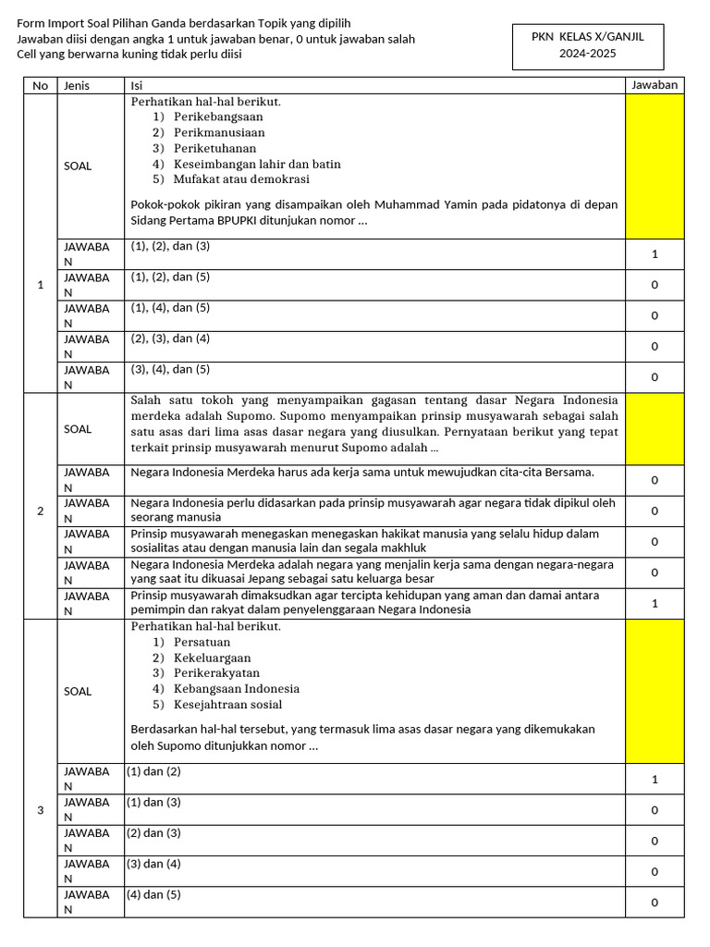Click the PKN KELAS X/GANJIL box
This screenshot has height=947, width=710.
[x=587, y=45]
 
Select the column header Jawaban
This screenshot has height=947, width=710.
[x=655, y=85]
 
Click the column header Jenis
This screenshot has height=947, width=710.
[x=76, y=85]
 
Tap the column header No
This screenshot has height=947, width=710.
[x=40, y=85]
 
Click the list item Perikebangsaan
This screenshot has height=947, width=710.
[x=218, y=117]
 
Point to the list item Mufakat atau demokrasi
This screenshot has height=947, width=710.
[x=241, y=179]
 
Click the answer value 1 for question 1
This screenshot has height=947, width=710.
[x=655, y=254]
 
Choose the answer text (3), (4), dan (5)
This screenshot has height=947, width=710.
[x=170, y=370]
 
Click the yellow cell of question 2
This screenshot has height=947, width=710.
[x=655, y=429]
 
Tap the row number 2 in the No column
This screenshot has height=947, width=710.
[x=40, y=510]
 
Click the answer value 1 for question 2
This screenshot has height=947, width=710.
[x=655, y=603]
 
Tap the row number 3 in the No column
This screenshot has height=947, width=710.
[x=40, y=811]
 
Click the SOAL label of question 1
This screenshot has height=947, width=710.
[x=78, y=166]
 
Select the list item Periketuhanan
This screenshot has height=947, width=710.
[x=214, y=148]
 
